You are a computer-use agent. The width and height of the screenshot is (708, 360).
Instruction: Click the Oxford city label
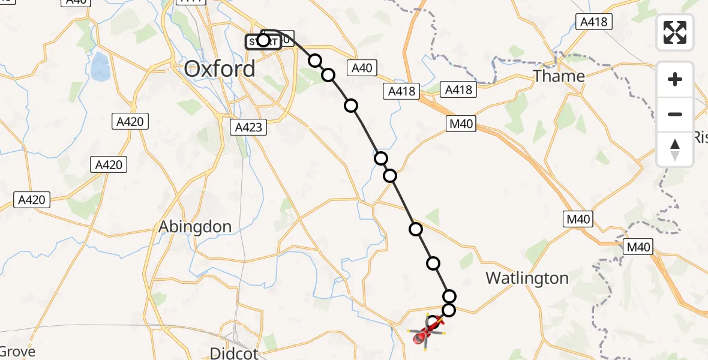coord(220,68)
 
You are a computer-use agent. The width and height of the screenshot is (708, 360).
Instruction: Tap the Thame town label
coord(559,76)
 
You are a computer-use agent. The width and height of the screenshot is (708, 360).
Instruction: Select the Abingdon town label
coord(195,227)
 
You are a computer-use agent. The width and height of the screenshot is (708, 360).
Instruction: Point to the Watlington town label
coord(527,278)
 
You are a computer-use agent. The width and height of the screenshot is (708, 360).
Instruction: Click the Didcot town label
coord(234,352)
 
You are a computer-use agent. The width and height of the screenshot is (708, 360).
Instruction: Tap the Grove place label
coord(18,352)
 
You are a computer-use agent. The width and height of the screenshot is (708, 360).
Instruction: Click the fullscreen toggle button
coord(675,32)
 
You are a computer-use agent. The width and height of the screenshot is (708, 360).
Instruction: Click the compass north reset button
coord(675,149)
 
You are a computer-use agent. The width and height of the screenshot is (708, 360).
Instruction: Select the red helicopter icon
coord(427,331)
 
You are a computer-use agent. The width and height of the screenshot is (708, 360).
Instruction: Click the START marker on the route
coord(263,41)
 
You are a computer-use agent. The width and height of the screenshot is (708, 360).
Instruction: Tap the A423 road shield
coord(248,127)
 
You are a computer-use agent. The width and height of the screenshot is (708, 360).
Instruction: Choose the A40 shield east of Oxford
coord(362,68)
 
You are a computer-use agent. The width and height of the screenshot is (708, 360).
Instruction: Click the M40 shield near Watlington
coord(578,220)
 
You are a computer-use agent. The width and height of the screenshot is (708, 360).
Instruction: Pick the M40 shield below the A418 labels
coord(461,124)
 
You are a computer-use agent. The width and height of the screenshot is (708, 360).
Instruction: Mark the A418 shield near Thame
coord(593,23)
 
